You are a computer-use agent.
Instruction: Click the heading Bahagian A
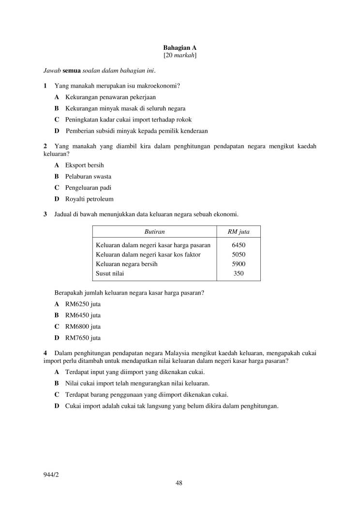(180, 48)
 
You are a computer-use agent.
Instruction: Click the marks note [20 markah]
(180, 56)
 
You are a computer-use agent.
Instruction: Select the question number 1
(45, 86)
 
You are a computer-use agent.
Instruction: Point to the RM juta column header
(239, 232)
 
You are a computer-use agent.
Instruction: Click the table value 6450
(239, 245)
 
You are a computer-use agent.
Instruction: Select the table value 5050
(239, 254)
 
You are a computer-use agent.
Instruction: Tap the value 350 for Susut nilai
(239, 273)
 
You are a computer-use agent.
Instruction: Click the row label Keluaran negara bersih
(127, 264)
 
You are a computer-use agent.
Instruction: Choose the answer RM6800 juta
(83, 327)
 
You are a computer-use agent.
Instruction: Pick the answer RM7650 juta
(83, 338)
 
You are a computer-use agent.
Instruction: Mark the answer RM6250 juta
(83, 304)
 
